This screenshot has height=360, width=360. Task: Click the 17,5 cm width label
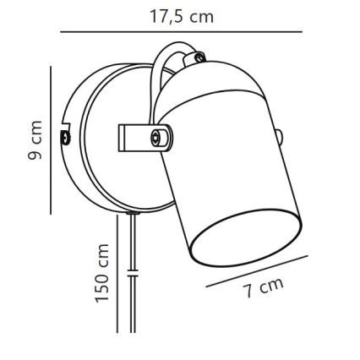(x=181, y=16)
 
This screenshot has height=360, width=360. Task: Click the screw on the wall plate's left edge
(x=65, y=135)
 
